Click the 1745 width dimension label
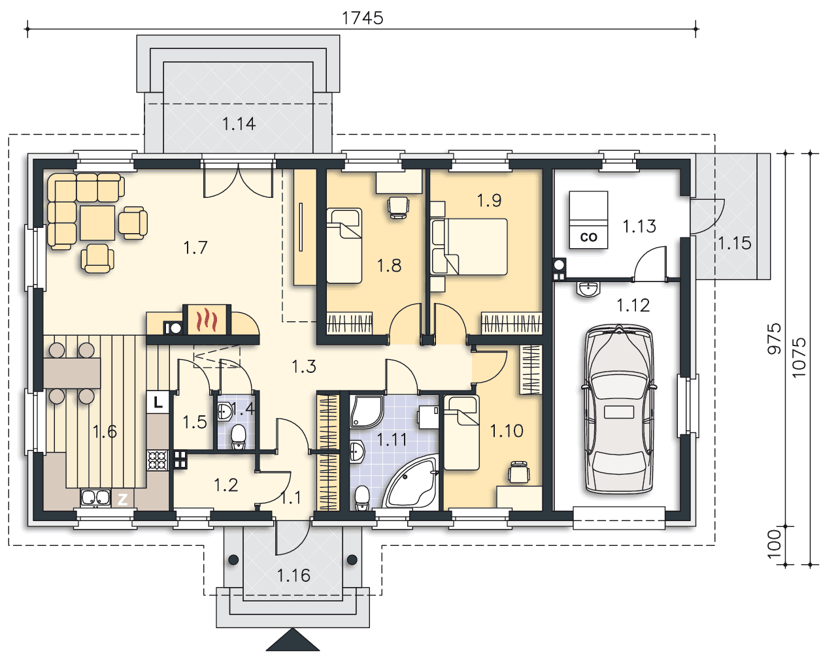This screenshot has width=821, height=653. pos(362,18)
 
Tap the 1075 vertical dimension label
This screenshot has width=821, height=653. pos(799,358)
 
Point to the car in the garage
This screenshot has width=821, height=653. pos(619,409)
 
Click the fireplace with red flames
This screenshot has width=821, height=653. pos(207,320)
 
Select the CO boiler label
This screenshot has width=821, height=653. pos(588,237)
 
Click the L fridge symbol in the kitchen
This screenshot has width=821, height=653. pos(158,402)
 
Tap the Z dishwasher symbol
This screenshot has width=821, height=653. pos(122,499)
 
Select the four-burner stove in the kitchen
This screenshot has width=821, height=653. pos(158,460)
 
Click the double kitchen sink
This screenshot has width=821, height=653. pos(95,498)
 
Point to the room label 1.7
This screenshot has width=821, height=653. pos(195,247)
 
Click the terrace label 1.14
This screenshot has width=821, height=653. pos(239,124)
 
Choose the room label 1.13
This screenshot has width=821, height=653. pos(639,227)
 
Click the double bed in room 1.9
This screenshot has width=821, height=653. pos(469,247)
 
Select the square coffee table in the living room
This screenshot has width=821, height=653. pos(97,223)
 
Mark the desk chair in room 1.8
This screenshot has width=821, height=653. pos(398,207)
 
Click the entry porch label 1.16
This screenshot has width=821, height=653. pos(293,575)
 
